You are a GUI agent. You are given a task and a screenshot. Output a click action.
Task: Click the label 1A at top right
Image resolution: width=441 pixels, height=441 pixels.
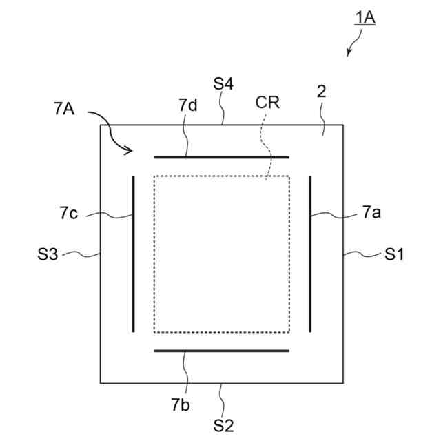(365, 18)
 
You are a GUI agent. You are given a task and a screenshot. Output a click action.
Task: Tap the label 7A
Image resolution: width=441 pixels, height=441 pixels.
(64, 109)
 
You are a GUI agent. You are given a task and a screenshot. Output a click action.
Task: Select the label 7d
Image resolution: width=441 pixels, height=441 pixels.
(188, 105)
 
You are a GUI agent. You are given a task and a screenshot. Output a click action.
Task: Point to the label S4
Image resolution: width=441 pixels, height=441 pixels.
(223, 84)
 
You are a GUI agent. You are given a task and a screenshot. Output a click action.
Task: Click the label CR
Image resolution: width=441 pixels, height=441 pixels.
(267, 103)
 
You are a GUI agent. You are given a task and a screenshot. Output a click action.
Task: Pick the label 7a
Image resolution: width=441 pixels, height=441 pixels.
(371, 214)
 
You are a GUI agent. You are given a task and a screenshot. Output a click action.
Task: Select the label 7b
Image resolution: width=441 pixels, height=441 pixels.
(181, 404)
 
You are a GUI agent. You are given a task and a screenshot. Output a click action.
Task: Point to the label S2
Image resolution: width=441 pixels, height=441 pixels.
(223, 425)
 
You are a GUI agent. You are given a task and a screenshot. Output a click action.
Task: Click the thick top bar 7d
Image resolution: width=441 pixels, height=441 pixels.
(221, 157)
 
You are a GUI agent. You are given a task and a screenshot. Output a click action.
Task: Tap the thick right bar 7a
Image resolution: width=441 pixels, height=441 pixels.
(311, 254)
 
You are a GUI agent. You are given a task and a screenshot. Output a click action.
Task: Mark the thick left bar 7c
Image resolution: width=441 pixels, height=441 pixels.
(134, 254)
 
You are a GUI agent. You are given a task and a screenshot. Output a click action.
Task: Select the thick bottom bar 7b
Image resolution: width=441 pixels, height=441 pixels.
(221, 351)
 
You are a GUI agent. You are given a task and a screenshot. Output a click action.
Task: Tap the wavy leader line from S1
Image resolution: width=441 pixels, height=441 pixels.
(362, 255)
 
